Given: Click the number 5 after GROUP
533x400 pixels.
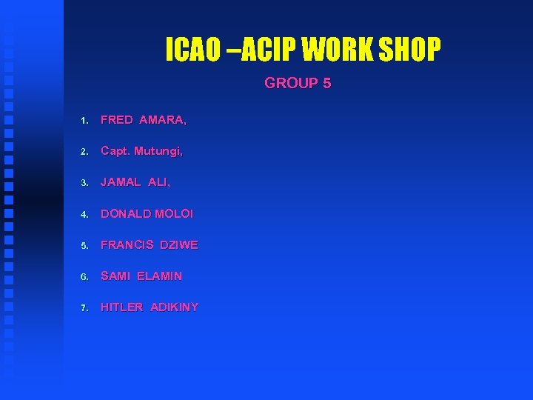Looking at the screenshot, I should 326,83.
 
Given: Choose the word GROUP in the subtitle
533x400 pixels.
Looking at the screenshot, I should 291,83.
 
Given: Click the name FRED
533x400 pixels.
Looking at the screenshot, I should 116,119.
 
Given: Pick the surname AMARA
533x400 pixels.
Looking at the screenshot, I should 162,119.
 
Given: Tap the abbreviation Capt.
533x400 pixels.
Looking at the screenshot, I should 115,151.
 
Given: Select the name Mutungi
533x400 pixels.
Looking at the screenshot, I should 158,151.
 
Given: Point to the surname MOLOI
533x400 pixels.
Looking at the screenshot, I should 174,213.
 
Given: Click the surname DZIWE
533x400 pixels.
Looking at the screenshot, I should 179,244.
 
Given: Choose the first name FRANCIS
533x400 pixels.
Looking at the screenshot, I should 127,244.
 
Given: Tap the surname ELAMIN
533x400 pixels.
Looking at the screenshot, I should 159,276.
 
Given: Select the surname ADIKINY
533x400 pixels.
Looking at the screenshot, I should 174,307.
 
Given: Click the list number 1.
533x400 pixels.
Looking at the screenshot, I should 85,120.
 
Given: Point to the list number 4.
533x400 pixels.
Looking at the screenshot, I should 85,214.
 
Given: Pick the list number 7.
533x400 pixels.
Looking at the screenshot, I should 85,307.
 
